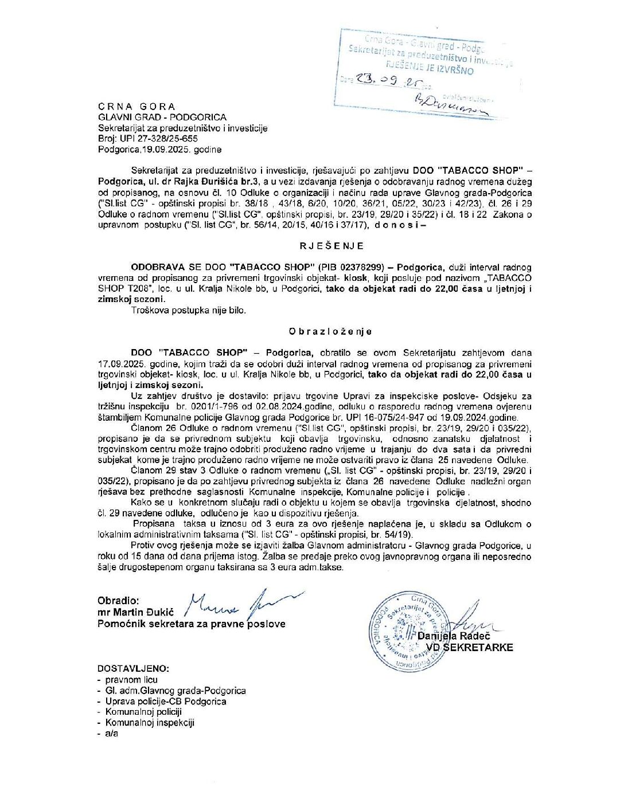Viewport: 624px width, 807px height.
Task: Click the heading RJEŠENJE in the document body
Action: click(x=331, y=246)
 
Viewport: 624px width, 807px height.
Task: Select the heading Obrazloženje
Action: click(x=330, y=332)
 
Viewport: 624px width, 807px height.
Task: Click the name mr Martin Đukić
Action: click(x=135, y=612)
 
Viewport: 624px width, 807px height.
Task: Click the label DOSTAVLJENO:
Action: click(x=133, y=668)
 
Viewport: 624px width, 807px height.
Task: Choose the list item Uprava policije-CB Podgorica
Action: click(x=165, y=702)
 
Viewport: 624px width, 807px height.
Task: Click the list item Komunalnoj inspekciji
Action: click(x=150, y=723)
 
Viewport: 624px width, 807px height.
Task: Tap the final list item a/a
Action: click(x=111, y=734)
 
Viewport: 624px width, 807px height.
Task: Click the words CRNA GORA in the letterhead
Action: click(x=136, y=107)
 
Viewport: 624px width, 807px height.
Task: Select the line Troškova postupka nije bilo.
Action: click(x=188, y=310)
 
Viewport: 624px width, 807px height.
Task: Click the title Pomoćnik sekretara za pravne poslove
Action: click(x=191, y=624)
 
